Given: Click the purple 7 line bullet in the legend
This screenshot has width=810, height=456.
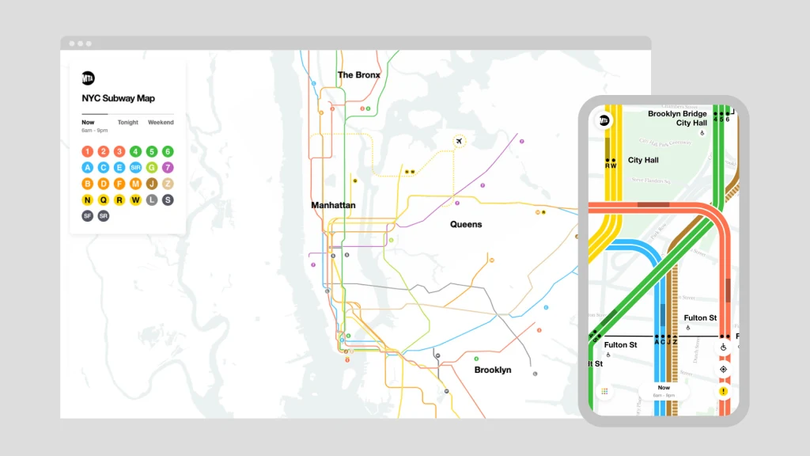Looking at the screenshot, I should (x=168, y=167).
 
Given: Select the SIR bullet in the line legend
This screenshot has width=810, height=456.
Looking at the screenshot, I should (x=135, y=167).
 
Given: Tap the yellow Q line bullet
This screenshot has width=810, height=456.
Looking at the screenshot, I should (x=103, y=199).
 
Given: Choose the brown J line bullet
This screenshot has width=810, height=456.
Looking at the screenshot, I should (x=151, y=184).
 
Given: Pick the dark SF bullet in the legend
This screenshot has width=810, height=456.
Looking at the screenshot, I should (x=87, y=215).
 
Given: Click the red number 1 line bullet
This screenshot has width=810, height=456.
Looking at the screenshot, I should (x=87, y=151).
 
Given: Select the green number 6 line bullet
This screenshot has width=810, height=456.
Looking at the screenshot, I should (x=168, y=151).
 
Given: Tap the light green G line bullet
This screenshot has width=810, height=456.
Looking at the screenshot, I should (x=151, y=167).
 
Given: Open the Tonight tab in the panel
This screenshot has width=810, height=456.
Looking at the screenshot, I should (x=128, y=123).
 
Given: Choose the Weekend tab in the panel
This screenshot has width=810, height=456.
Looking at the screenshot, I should (x=161, y=123).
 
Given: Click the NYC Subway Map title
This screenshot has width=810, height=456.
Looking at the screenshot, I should (x=118, y=99).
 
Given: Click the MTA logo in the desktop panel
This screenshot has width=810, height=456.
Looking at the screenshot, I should (x=88, y=78).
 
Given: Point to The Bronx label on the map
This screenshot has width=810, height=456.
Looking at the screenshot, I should (x=359, y=75).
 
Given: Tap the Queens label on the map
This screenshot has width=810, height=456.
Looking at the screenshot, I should (x=466, y=224).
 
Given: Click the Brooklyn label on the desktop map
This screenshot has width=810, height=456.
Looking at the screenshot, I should (x=493, y=370).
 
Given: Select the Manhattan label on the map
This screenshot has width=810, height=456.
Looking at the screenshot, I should (x=333, y=205).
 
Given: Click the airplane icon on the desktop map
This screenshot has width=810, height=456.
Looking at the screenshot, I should (x=459, y=141).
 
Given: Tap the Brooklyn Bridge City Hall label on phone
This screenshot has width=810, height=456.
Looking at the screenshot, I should (x=677, y=118).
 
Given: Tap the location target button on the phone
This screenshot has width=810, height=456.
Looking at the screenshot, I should (x=723, y=369).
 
